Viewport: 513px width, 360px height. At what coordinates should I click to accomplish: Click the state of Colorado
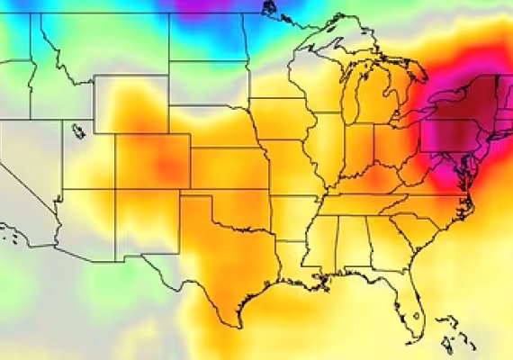pos(152,162)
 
